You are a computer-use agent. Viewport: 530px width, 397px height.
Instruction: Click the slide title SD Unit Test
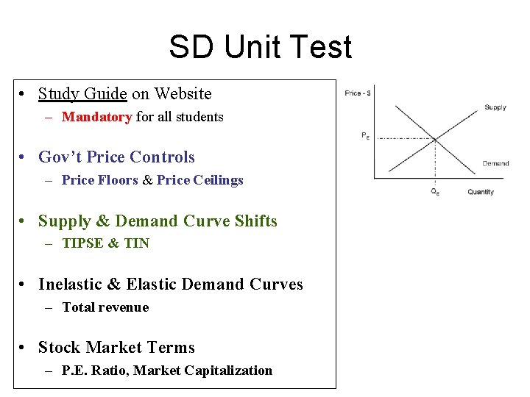pos(260,48)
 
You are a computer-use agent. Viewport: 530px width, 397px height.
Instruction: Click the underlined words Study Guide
pos(82,94)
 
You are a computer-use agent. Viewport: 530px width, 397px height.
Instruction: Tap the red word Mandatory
pos(96,117)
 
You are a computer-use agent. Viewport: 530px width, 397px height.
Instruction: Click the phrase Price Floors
pos(99,180)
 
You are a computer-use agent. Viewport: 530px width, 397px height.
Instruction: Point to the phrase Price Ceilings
pos(199,180)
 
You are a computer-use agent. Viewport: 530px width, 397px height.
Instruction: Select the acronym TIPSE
pos(83,243)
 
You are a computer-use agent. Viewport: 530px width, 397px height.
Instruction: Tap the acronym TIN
pos(136,243)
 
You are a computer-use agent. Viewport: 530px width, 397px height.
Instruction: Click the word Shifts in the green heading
pos(253,221)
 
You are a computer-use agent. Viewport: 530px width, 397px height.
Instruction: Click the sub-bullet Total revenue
pos(105,307)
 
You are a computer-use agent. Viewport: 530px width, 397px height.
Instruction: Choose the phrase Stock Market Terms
pos(116,348)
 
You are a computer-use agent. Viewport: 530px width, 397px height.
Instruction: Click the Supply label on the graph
pos(495,107)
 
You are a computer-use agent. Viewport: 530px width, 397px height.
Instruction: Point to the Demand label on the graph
pos(495,163)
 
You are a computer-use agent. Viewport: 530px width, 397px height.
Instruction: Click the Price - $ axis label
pos(358,93)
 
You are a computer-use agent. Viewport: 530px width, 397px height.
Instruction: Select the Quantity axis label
pos(481,192)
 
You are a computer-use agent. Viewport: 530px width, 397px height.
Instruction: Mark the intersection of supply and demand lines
pos(434,139)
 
